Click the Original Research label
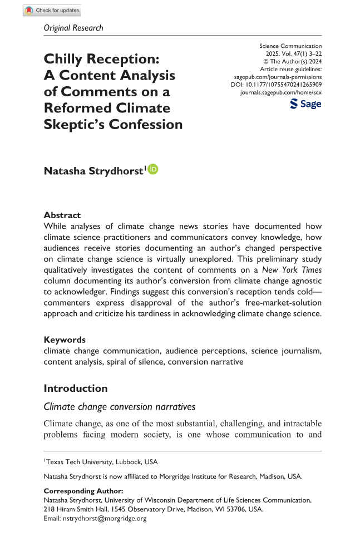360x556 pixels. tap(73, 28)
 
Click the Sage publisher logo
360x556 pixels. tap(305, 104)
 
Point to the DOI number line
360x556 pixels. tap(276, 85)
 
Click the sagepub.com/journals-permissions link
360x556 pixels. tap(277, 77)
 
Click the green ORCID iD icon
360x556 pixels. tap(153, 169)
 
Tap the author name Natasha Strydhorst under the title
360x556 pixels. tap(93, 170)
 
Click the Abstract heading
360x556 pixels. tap(62, 215)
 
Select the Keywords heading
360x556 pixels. tap(65, 339)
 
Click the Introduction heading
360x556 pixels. tap(76, 388)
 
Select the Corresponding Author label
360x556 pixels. tap(83, 491)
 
